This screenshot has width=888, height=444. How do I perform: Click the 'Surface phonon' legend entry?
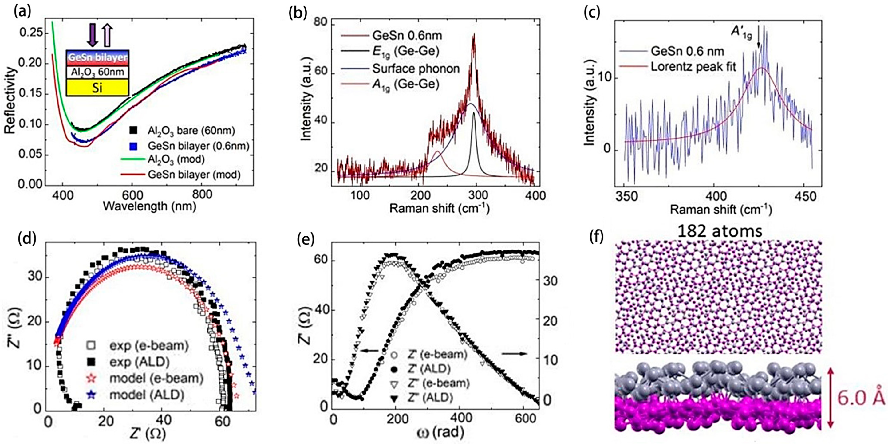415,69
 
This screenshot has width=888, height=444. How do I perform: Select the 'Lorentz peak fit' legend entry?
693,67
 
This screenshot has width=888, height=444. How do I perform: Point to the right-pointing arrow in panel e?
514,354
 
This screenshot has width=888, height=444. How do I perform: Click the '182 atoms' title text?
720,231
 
